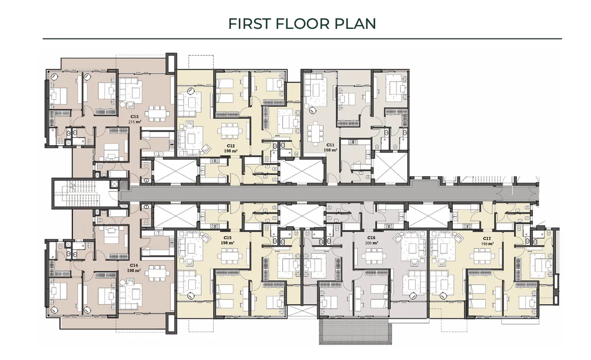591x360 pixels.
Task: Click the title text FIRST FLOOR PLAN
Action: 302,23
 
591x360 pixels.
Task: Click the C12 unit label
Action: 231,146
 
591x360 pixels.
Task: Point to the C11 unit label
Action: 331,146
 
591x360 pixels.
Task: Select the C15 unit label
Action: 227,237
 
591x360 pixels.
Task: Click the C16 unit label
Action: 372,237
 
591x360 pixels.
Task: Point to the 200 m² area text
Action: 372,243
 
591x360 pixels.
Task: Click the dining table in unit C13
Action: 156,113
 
